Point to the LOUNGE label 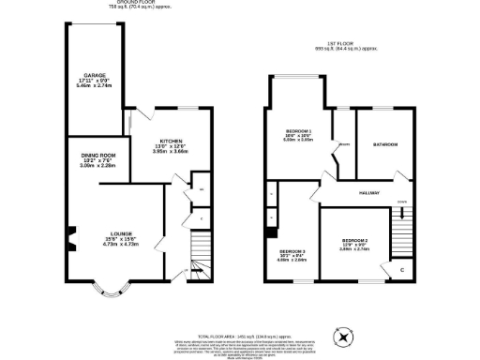(120, 232)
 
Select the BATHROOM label (385, 144)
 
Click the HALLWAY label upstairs (367, 193)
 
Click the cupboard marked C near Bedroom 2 (401, 269)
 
